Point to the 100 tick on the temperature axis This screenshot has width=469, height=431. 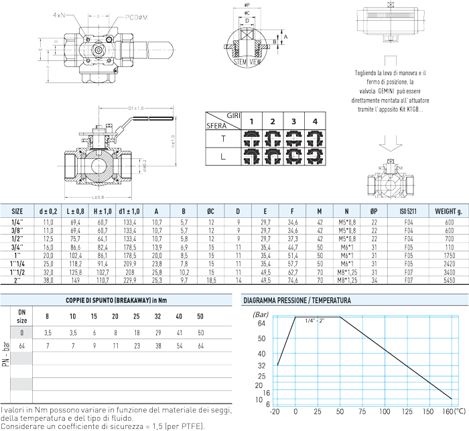pos(386,410)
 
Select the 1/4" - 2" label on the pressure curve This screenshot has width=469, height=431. pos(317,322)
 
